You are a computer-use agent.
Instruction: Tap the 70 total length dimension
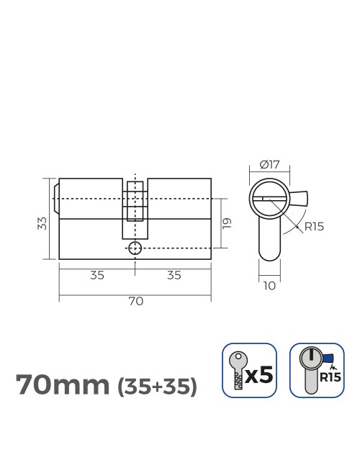click(x=135, y=301)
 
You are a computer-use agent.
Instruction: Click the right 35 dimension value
click(x=174, y=275)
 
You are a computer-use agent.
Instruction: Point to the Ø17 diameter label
click(x=269, y=164)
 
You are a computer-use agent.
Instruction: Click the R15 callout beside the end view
click(x=314, y=226)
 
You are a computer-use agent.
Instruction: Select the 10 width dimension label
click(x=269, y=286)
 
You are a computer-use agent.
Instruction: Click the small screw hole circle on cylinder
click(x=135, y=248)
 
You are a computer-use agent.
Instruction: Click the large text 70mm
click(x=63, y=385)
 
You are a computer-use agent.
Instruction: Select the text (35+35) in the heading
click(x=156, y=387)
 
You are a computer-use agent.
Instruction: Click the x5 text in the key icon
click(x=259, y=374)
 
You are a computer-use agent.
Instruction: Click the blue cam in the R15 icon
click(x=330, y=358)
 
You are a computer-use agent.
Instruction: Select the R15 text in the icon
click(x=330, y=377)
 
